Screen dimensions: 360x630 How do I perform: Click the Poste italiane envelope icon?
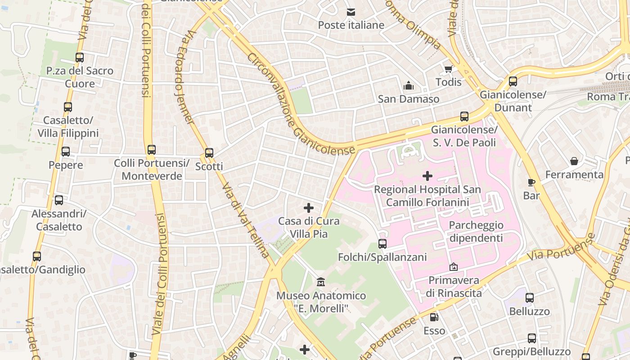tap(351, 12)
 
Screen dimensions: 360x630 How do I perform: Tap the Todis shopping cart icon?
tap(448, 69)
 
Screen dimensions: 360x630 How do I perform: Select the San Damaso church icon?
tap(409, 85)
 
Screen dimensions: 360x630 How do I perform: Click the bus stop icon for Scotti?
tap(209, 153)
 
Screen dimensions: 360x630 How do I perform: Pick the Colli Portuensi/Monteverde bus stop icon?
tap(152, 150)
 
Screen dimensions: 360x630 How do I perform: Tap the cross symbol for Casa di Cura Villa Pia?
tap(309, 208)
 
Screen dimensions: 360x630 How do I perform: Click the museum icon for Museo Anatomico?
tap(321, 282)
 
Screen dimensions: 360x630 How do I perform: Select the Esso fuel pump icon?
tap(434, 317)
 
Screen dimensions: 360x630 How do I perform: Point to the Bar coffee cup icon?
tap(531, 182)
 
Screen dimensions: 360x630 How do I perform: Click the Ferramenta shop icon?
tap(574, 161)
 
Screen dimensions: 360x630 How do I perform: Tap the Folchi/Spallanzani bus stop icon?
tap(382, 244)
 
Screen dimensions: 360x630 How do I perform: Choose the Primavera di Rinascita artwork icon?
tap(454, 267)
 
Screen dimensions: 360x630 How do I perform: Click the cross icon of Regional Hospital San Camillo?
tap(427, 176)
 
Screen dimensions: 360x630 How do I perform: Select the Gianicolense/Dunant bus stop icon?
tap(513, 81)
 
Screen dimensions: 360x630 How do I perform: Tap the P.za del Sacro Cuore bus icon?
tap(80, 58)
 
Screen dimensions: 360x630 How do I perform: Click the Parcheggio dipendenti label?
tap(476, 231)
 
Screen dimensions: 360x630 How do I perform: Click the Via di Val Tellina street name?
tap(247, 220)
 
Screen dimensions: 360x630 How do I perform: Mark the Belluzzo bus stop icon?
tap(530, 298)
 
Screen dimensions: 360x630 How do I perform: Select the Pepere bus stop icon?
tap(66, 152)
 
